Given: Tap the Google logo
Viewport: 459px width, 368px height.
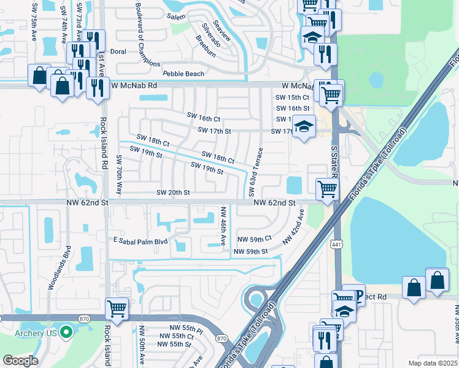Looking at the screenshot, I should [20, 361].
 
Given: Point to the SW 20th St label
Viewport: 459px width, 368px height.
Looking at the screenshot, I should [173, 193].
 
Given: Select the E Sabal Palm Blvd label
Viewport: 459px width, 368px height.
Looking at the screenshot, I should [139, 241].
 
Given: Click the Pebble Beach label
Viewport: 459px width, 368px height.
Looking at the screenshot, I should [183, 74].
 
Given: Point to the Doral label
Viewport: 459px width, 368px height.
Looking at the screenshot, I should [118, 52].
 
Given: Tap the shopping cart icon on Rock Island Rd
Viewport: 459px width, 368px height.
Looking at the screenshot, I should [117, 307].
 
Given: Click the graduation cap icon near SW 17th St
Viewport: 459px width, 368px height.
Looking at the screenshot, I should [303, 126].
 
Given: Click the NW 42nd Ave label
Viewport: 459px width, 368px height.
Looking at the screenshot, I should [293, 227].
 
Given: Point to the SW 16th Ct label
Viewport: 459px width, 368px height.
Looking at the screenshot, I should [203, 118].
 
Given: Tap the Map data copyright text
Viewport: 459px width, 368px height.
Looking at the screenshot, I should [433, 363].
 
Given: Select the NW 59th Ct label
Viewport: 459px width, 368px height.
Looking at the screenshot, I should [253, 239].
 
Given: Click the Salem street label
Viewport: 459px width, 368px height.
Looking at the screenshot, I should [176, 17].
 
